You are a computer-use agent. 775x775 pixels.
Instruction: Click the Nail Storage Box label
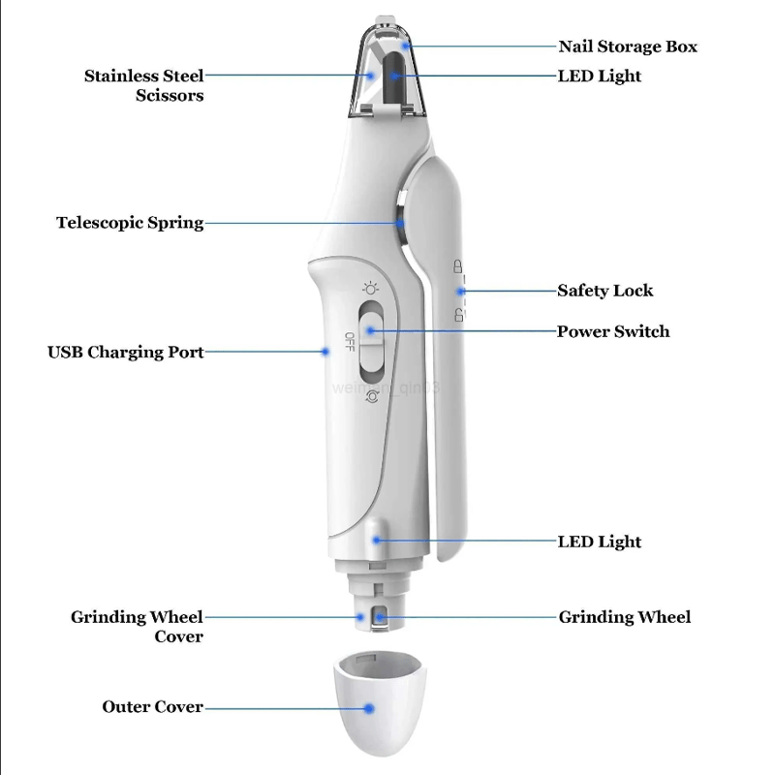(627, 46)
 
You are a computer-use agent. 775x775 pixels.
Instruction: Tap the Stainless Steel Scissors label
(143, 85)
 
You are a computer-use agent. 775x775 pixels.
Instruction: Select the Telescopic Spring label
(130, 223)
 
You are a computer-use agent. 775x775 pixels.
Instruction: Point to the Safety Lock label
(604, 291)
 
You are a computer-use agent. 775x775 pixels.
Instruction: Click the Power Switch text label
(612, 331)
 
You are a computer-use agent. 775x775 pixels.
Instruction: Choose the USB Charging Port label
(126, 352)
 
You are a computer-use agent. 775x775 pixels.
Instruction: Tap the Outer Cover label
(153, 707)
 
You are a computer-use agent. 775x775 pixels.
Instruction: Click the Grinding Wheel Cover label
(137, 626)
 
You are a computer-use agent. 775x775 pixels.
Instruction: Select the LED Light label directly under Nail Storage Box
(599, 76)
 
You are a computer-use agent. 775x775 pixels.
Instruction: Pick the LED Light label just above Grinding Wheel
(599, 542)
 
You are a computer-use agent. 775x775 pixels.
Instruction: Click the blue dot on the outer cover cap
(369, 708)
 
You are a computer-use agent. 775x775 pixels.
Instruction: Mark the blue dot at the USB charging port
(326, 352)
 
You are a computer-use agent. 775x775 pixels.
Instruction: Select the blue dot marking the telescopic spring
(400, 223)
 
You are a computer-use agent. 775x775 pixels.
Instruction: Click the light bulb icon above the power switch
(369, 288)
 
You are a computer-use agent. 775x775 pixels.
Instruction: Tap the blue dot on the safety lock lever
(462, 290)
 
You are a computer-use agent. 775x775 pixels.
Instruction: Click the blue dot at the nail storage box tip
(408, 46)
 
